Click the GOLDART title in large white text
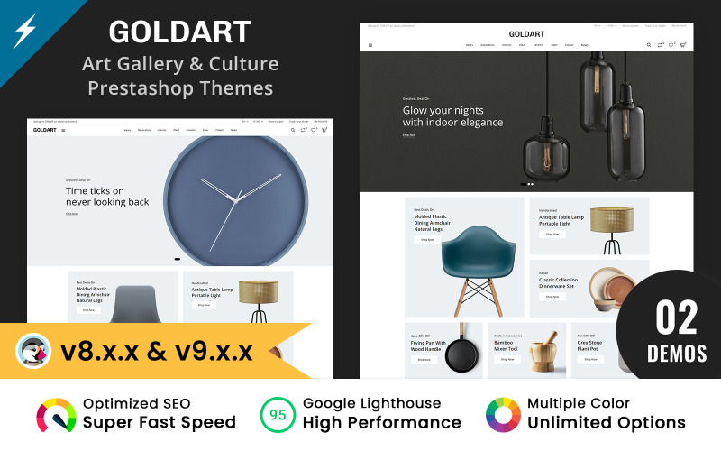point(179,32)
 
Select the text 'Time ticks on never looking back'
point(106,197)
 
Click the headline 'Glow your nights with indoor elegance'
point(452,116)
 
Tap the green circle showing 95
point(278,414)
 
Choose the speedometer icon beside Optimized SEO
point(56,414)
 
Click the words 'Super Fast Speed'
point(160,423)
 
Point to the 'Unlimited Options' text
point(606,423)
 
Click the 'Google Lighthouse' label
point(372,403)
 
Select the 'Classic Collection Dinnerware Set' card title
point(559,282)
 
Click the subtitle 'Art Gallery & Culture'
point(179,64)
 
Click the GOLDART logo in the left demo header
point(45,130)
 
